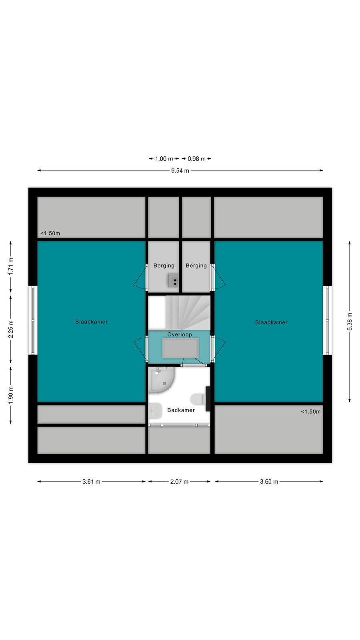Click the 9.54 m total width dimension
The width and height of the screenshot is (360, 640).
180,170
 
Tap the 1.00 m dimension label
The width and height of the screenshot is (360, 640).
164,158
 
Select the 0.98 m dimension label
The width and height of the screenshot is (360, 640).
196,158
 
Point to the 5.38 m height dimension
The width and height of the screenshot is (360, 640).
350,322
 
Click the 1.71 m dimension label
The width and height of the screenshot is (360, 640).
10,266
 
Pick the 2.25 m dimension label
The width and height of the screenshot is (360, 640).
10,329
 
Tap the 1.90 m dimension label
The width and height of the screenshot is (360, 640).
10,395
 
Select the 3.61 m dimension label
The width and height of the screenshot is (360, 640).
92,482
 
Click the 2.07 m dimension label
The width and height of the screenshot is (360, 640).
180,482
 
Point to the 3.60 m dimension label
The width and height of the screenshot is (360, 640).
269,482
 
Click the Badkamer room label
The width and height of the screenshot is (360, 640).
181,410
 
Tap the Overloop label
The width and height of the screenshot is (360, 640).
180,334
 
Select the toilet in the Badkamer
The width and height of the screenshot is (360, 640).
198,399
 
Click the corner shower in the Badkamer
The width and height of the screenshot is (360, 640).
160,380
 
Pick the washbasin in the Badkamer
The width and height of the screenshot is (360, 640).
155,411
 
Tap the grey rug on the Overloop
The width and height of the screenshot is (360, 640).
180,348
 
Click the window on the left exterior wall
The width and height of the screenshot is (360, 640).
33,320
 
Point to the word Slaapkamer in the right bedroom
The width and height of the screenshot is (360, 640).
271,322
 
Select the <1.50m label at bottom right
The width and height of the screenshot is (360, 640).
310,412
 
